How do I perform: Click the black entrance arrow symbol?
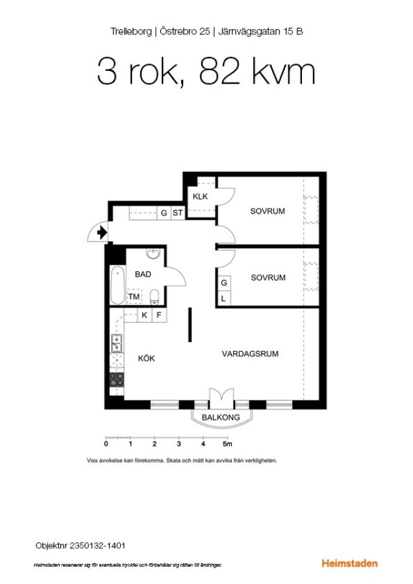click(x=102, y=233)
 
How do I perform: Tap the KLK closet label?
click(x=200, y=196)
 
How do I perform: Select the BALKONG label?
click(x=221, y=417)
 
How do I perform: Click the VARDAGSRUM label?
click(x=250, y=354)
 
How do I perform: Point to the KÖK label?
click(x=146, y=358)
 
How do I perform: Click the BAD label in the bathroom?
click(x=143, y=274)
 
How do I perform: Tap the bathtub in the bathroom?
click(x=118, y=286)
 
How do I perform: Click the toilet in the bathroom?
click(x=155, y=297)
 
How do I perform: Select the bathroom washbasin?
click(x=153, y=254)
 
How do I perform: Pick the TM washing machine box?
click(x=134, y=297)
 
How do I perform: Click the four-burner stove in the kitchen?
click(x=117, y=380)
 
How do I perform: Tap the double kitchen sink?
click(x=116, y=343)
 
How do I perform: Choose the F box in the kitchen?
click(x=159, y=315)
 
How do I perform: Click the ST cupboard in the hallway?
click(x=178, y=213)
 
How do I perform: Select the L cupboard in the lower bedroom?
click(x=223, y=298)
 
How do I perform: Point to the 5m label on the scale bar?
click(x=227, y=444)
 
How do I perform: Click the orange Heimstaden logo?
click(x=349, y=563)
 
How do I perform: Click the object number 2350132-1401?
click(x=97, y=546)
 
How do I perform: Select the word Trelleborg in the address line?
click(x=131, y=31)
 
